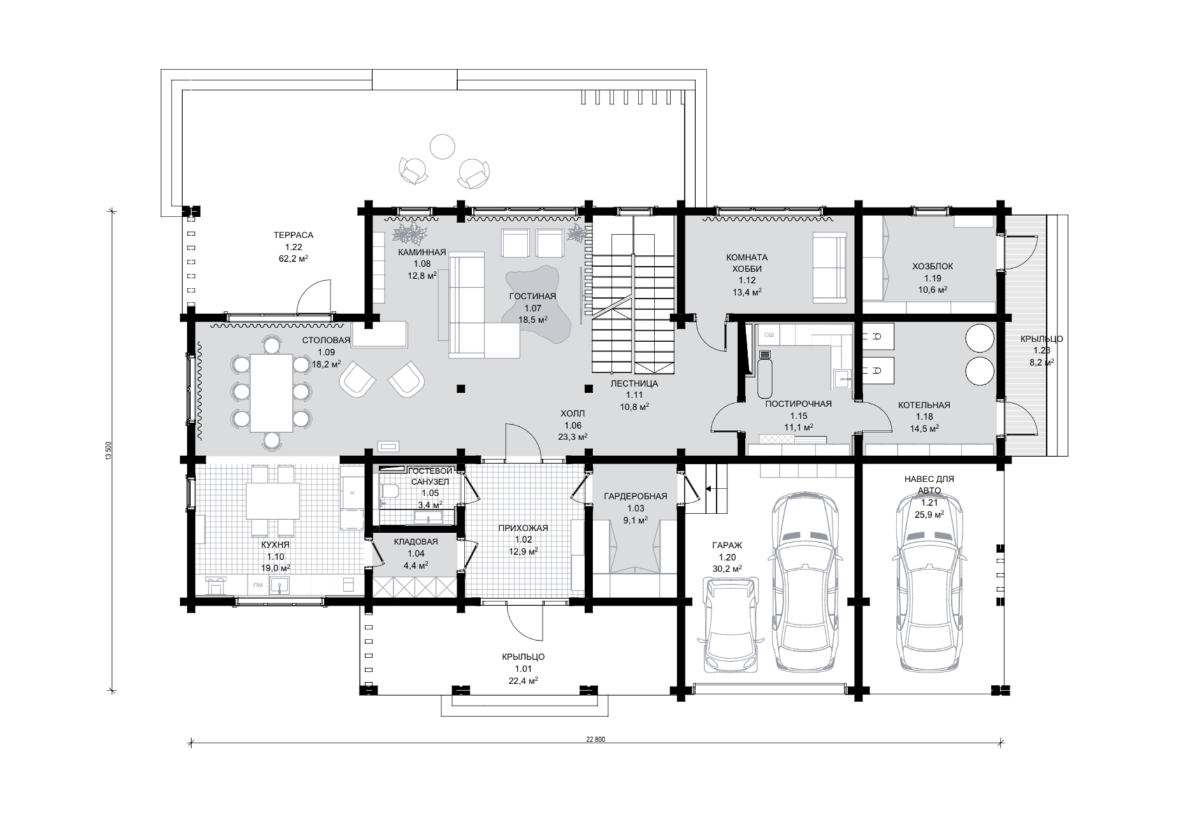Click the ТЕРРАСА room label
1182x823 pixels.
tap(293, 235)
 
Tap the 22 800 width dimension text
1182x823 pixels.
tap(595, 740)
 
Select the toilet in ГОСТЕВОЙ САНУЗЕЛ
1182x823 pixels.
tap(388, 491)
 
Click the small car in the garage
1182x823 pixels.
tap(730, 625)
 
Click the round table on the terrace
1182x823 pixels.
tap(442, 147)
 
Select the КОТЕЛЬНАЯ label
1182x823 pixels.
tap(924, 405)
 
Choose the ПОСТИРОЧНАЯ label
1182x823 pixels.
tap(798, 404)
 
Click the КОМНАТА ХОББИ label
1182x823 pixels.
tap(747, 263)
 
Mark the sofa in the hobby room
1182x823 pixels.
tap(830, 268)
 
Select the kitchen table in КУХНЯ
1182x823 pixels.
tap(273, 501)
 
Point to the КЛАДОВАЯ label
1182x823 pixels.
tap(415, 542)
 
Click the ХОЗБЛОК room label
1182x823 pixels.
tap(933, 266)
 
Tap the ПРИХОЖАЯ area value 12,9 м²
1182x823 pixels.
tap(523, 552)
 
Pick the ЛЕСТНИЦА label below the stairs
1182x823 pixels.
tap(634, 383)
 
